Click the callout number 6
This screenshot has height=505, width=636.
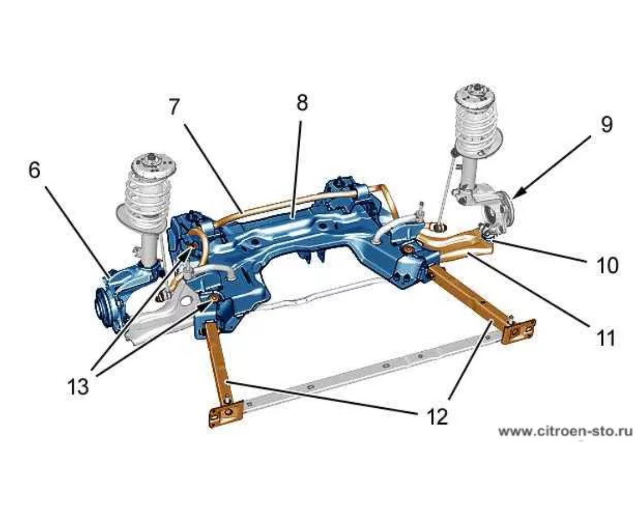pos(35,170)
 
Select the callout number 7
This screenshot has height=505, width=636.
pos(174,107)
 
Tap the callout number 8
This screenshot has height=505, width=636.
pos(302,102)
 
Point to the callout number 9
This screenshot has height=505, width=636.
pos(606,124)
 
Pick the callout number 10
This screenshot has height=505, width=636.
pos(607,266)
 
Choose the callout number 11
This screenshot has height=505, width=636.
pos(605,338)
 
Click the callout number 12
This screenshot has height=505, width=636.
pos(436,416)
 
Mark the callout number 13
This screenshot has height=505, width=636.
pos(78,387)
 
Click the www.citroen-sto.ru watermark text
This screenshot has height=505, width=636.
pos(566,431)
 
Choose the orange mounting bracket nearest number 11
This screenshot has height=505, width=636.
pos(519,330)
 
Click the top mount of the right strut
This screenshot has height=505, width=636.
pos(477,94)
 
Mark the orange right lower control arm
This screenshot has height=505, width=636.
pos(455,243)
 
